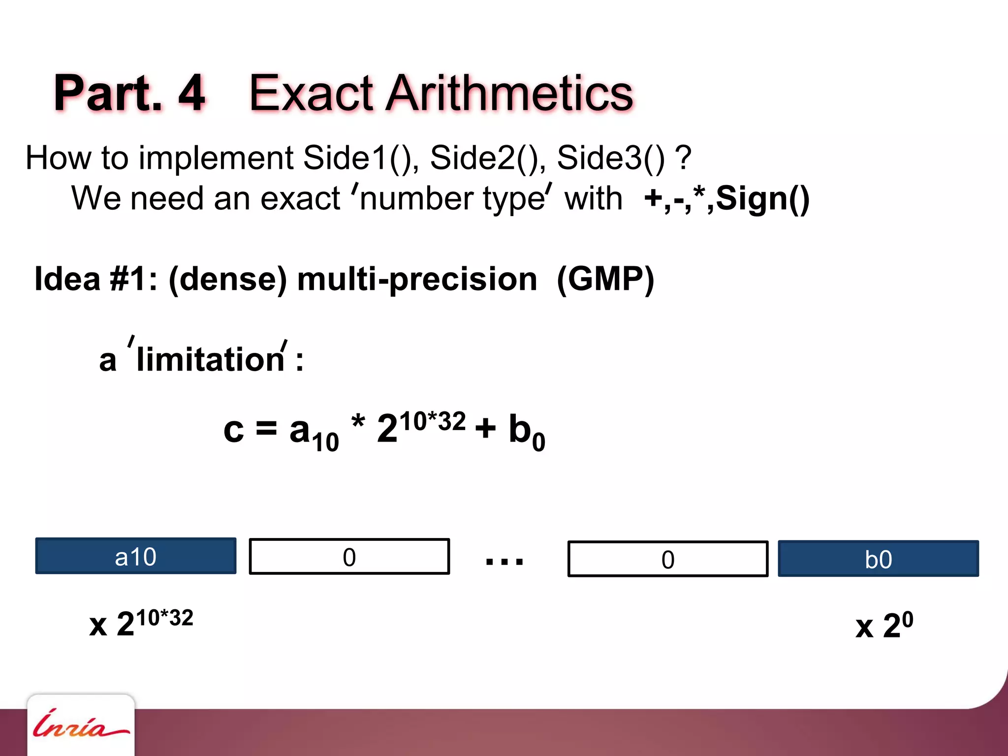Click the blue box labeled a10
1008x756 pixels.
point(135,556)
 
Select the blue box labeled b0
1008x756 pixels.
point(878,558)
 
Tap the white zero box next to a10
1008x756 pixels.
point(349,557)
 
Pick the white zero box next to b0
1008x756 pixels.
point(667,559)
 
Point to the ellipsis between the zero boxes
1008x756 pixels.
point(504,561)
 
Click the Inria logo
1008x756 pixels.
point(80,725)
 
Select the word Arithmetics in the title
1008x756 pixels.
point(509,93)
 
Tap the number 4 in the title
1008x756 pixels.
point(191,93)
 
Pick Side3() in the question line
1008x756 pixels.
point(610,158)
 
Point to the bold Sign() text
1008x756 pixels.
point(762,199)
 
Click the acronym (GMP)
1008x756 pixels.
point(605,279)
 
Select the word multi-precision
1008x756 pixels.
point(417,279)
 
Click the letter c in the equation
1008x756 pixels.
point(233,429)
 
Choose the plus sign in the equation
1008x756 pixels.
point(485,428)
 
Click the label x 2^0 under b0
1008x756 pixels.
point(884,625)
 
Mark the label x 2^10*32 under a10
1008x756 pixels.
point(141,623)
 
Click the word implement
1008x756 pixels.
point(216,158)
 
